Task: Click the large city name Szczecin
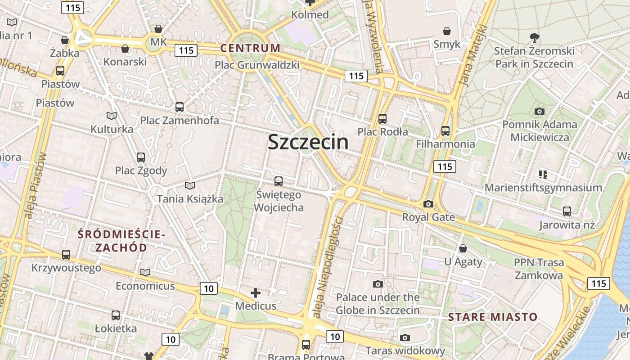tap(308, 142)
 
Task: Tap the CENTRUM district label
tap(250, 48)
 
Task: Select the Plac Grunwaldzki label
tap(257, 65)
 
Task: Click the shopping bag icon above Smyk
tap(447, 31)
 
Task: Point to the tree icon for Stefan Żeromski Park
tap(535, 37)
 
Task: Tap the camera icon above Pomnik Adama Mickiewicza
tap(539, 111)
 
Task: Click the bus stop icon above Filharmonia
tap(445, 131)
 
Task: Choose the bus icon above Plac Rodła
tap(382, 119)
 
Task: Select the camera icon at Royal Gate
tap(428, 204)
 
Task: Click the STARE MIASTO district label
tap(493, 317)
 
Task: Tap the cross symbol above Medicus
tap(256, 293)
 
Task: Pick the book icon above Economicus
tap(145, 273)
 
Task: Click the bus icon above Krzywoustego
tap(66, 255)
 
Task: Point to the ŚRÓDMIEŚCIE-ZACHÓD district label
tap(121, 241)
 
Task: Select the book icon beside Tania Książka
tap(190, 185)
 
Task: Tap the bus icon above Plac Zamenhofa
tap(180, 107)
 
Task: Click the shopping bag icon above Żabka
tap(65, 40)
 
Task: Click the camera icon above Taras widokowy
tap(405, 338)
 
